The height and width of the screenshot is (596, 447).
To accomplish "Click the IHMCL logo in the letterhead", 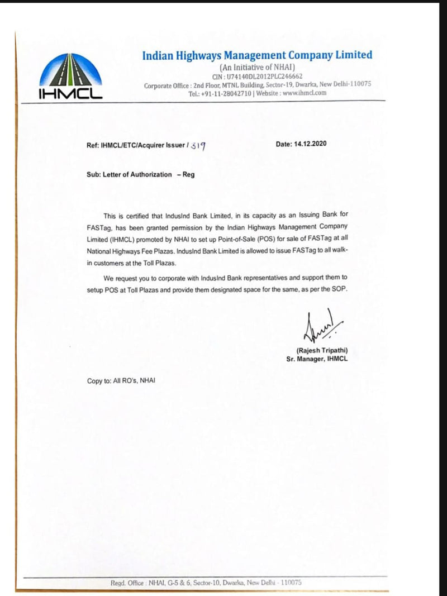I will (70, 77).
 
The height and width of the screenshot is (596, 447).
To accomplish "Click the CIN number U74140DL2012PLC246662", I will (258, 76).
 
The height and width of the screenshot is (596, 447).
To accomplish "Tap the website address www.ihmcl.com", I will (304, 93).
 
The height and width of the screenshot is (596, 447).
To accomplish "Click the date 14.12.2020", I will (309, 144).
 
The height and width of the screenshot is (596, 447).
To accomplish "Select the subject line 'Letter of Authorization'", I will (137, 174).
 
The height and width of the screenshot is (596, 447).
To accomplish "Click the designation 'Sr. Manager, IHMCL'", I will (317, 359).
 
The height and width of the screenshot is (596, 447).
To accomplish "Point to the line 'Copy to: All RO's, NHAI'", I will (121, 381).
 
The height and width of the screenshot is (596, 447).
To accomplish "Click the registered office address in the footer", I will (206, 582).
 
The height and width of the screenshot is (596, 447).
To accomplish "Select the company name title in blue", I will (257, 55).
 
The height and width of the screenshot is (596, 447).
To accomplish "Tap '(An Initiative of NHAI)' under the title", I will (257, 67).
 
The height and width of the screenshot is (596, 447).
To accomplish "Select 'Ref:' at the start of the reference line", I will (93, 145).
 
